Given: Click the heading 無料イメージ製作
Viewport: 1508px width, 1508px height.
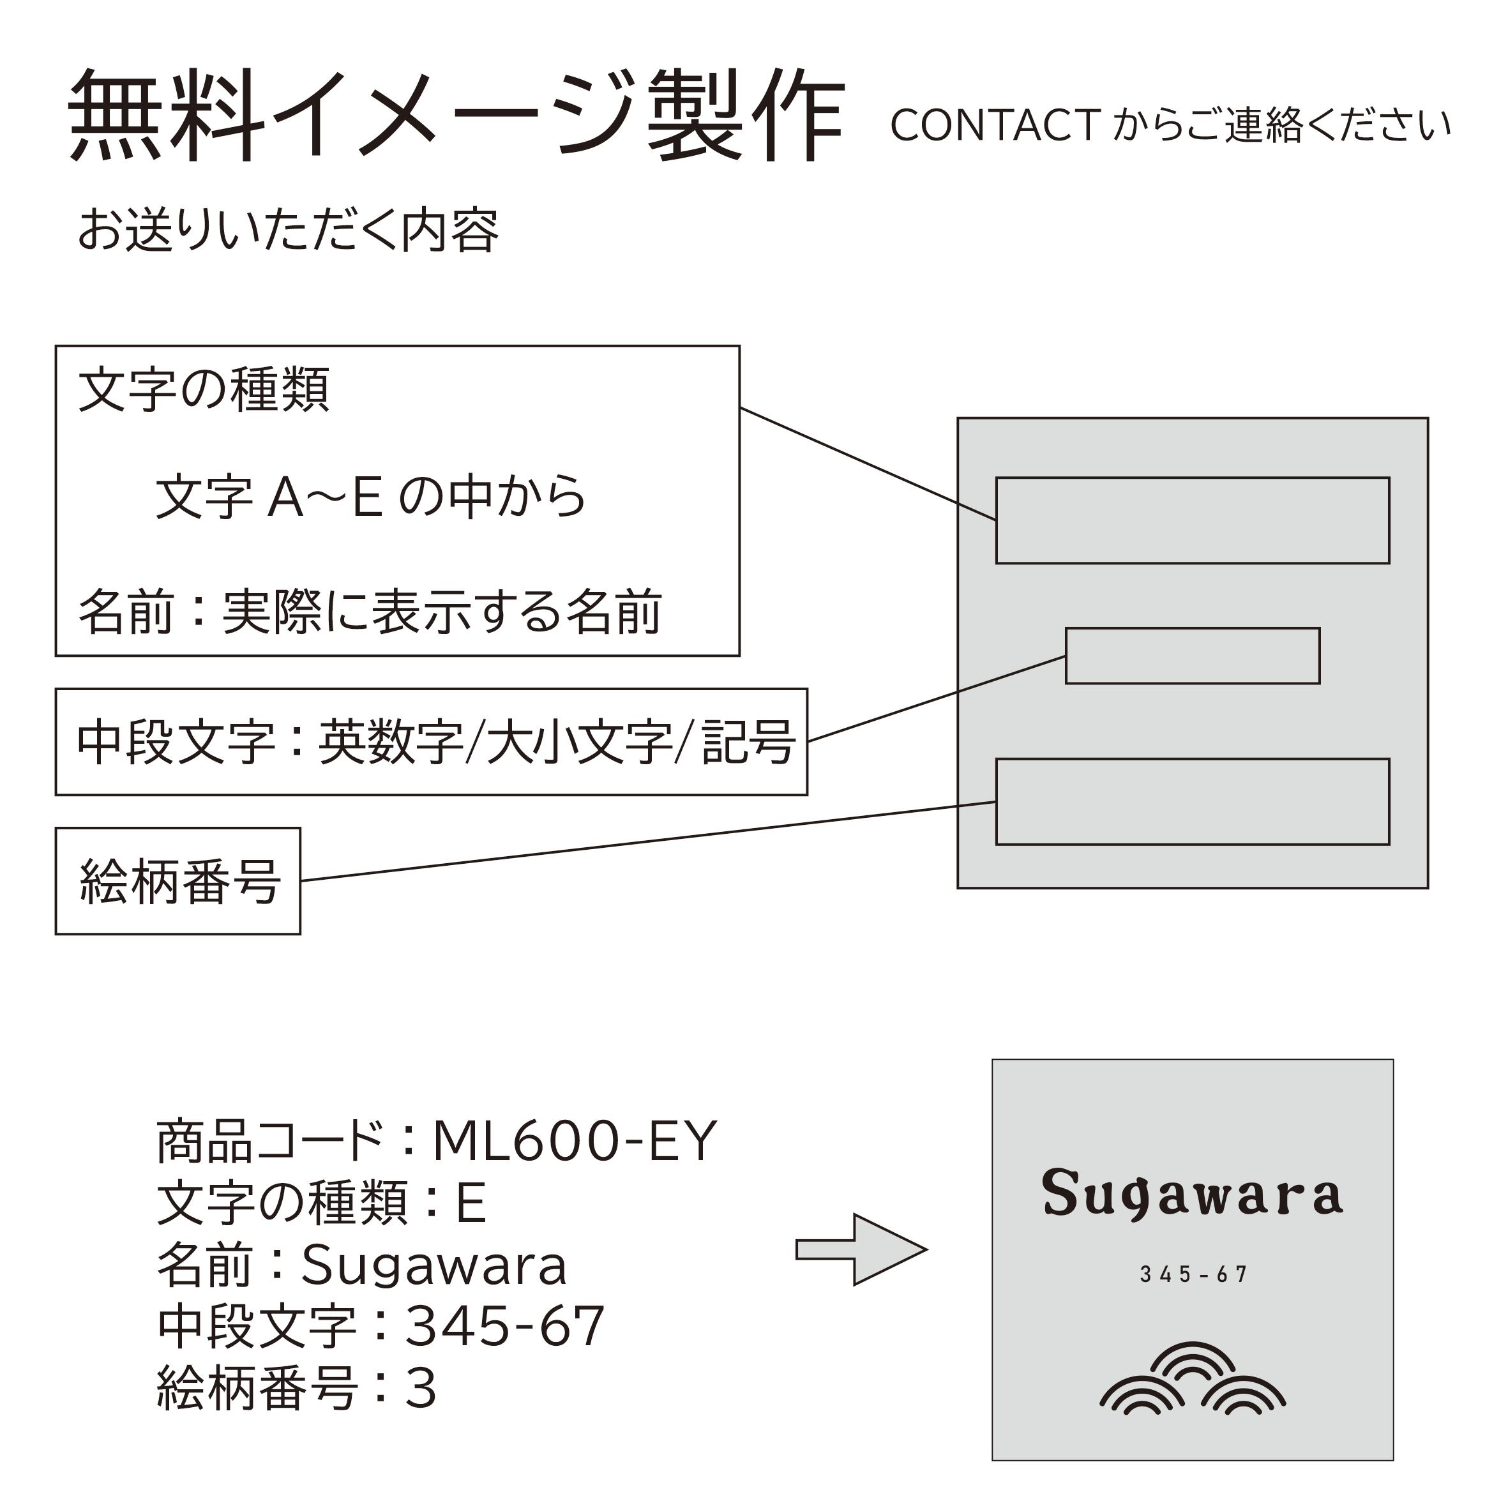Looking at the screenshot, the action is (456, 116).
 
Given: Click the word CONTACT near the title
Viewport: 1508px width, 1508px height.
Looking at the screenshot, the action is (995, 126).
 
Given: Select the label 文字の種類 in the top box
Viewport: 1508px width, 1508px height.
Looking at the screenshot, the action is (204, 389).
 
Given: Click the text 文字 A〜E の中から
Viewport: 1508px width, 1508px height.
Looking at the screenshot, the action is (371, 497).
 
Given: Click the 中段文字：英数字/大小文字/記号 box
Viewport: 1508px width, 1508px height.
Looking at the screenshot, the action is (432, 741).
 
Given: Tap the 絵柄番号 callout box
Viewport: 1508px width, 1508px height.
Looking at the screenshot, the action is (178, 880).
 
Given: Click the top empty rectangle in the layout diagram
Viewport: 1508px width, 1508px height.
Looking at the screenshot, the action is (1193, 520).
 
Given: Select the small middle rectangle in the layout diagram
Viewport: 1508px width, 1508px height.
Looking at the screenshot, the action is (1193, 656).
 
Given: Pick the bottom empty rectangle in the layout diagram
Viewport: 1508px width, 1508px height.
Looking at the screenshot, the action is (1193, 802).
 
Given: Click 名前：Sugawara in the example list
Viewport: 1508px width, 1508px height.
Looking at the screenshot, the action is (362, 1265).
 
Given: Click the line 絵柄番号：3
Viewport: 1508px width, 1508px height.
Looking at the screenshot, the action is (297, 1388).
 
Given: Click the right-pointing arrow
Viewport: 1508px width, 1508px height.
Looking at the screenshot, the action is (861, 1249).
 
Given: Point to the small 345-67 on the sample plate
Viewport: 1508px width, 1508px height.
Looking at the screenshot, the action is (1193, 1274).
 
